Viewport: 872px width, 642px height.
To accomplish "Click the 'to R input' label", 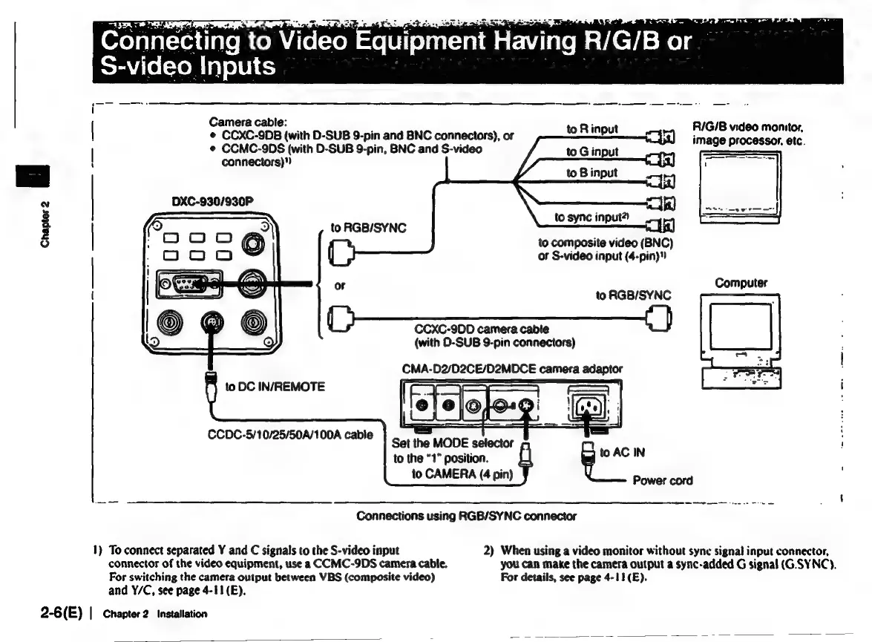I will click(x=592, y=130).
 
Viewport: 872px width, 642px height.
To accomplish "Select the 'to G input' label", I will click(x=592, y=152).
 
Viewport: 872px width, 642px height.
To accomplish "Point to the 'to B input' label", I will click(x=592, y=173).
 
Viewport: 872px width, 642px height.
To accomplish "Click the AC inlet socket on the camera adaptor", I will click(x=587, y=404).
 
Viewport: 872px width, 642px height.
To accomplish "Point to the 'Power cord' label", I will click(x=663, y=480).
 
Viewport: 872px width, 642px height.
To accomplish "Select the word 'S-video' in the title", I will click(x=142, y=66).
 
